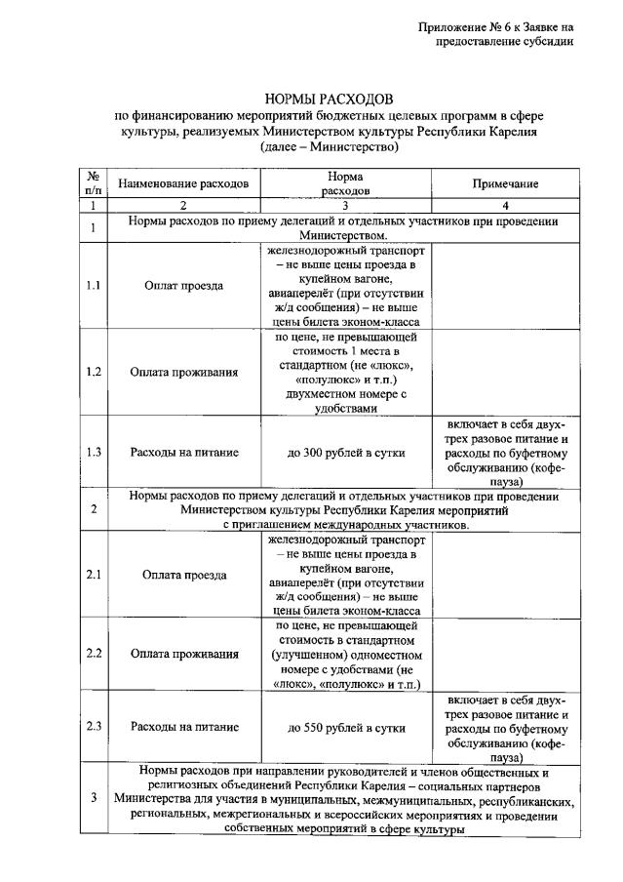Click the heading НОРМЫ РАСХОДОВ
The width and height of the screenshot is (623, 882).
coord(330,100)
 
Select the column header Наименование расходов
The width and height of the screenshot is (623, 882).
coord(183,183)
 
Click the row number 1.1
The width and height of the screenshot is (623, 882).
coord(94,286)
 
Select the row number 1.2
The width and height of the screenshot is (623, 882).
coord(94,372)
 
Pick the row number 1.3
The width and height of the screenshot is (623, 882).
coord(94,453)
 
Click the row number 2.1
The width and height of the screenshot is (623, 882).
coord(94,575)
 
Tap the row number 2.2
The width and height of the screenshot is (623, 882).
coord(94,654)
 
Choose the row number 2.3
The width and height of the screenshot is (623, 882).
coord(94,727)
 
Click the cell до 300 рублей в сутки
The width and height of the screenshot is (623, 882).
coord(346,453)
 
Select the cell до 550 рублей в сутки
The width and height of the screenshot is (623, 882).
coord(346,727)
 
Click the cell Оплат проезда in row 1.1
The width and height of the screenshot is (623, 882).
coord(183,286)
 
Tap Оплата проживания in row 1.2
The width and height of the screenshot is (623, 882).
coord(183,372)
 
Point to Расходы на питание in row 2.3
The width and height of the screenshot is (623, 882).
coord(183,727)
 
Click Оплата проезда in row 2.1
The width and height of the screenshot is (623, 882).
coord(183,575)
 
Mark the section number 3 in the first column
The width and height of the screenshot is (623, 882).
coord(94,798)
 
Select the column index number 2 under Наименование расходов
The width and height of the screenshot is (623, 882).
coord(183,206)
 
